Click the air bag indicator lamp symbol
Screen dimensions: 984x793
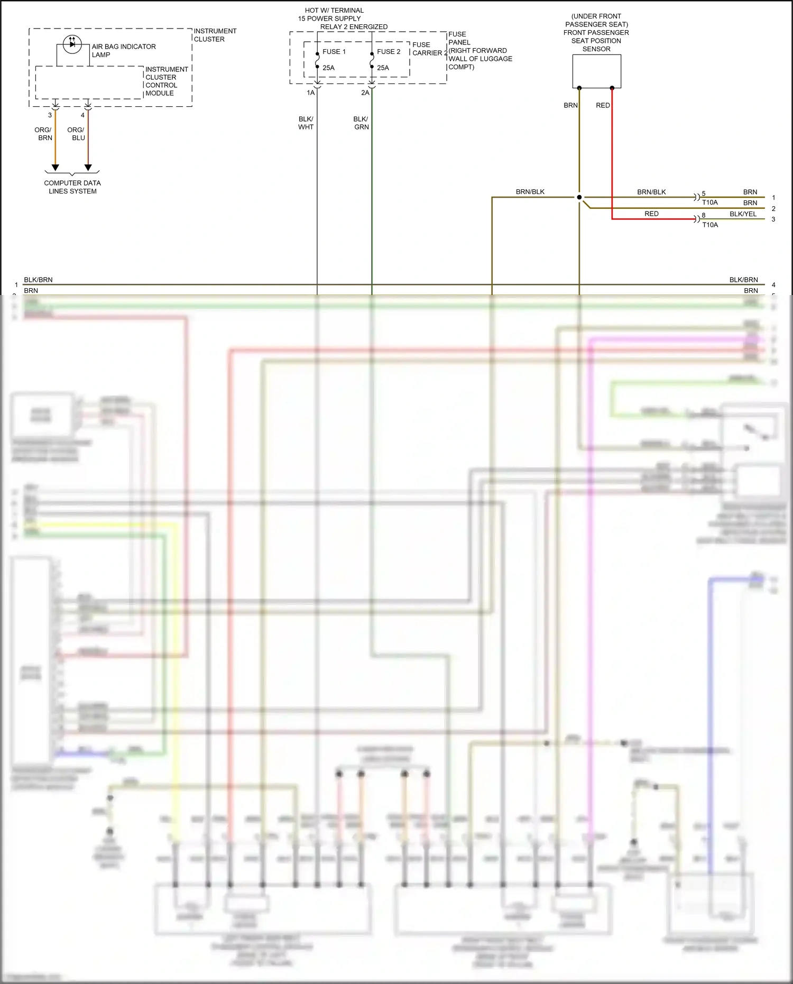[x=72, y=44]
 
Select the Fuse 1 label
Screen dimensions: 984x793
[x=334, y=52]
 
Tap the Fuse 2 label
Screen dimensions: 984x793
[x=389, y=52]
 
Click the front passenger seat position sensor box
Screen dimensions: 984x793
[x=596, y=71]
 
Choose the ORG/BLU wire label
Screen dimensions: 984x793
[x=76, y=134]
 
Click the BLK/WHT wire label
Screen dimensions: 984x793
[x=306, y=123]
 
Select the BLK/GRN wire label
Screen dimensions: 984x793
[x=361, y=123]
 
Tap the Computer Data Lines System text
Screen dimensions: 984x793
[x=72, y=187]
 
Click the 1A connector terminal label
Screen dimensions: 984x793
[x=311, y=93]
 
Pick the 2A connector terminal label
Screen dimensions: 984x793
[x=365, y=93]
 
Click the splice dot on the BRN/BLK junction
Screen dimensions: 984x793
[x=579, y=197]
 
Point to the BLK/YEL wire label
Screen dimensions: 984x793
[x=743, y=214]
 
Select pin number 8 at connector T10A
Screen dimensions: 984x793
[x=704, y=215]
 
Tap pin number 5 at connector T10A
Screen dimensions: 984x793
[x=704, y=194]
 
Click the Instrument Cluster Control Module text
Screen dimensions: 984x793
[x=166, y=81]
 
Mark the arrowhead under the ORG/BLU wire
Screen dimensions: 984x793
[x=88, y=168]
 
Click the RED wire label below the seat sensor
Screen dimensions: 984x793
[x=603, y=106]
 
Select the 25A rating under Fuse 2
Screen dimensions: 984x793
[x=383, y=68]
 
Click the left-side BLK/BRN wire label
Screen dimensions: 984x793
[x=38, y=280]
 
